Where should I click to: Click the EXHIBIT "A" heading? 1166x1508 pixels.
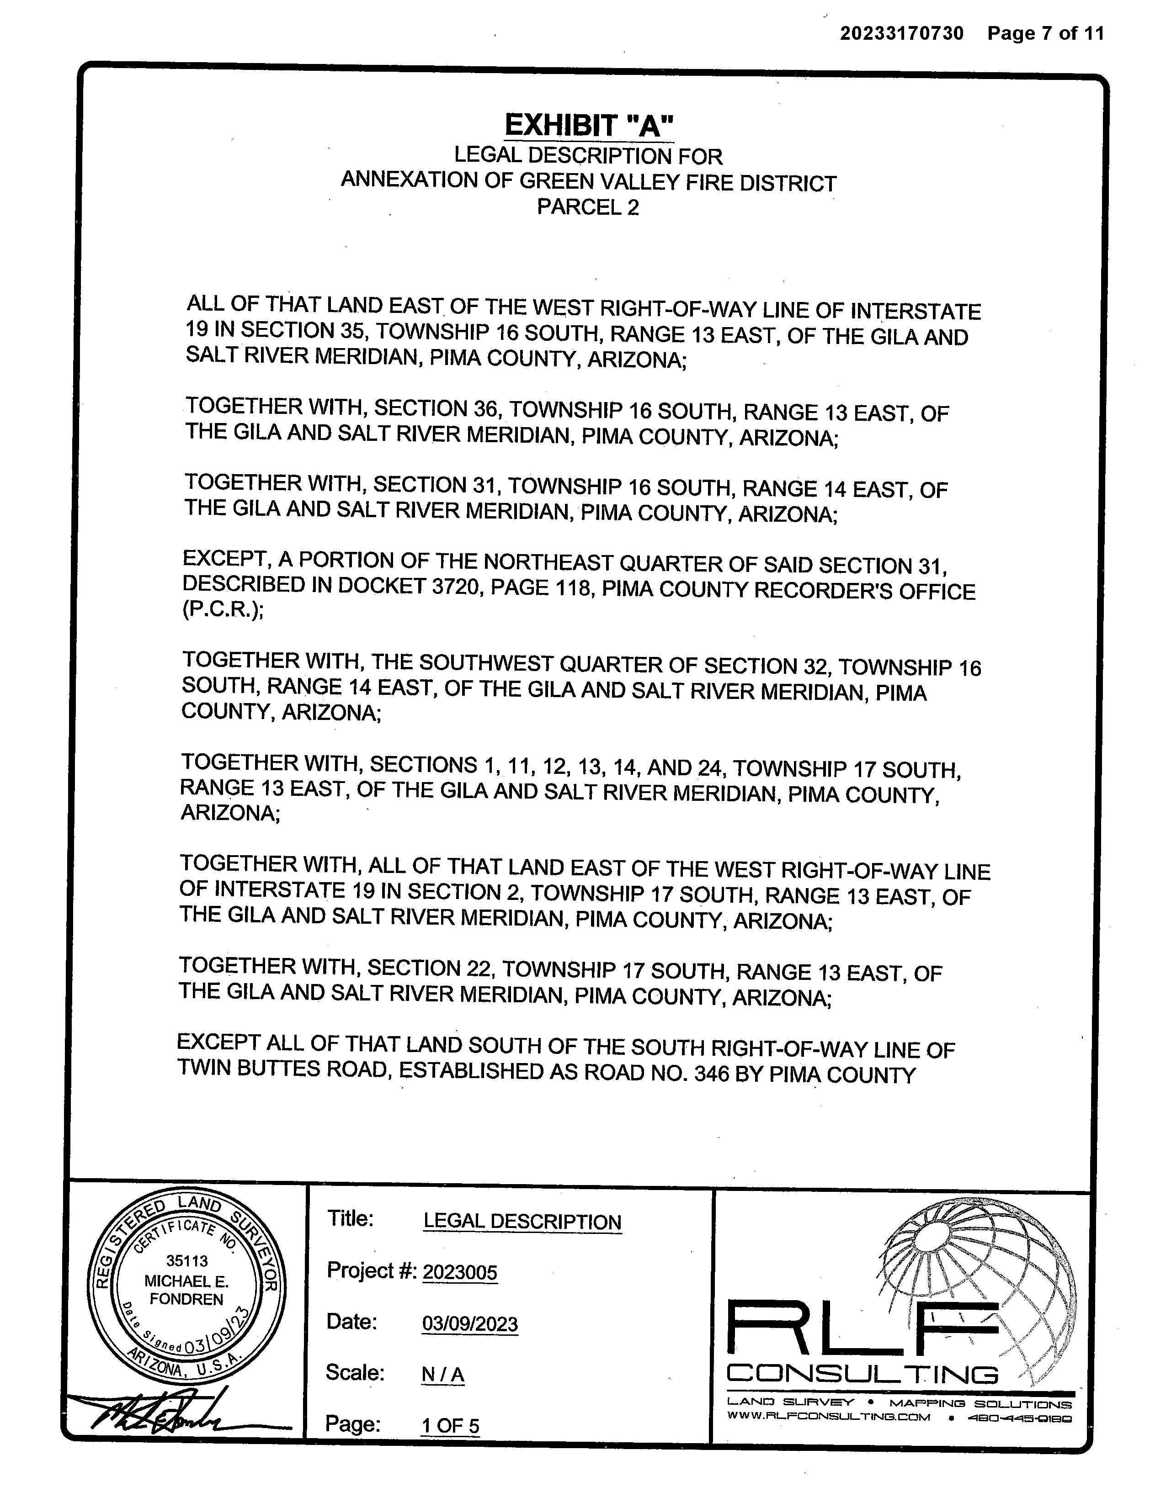tap(589, 126)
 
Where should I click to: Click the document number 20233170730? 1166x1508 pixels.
tap(901, 33)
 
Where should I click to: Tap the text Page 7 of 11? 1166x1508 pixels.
tap(1045, 33)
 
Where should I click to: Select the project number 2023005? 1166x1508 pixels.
tap(459, 1271)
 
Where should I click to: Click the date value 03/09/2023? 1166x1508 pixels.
tap(470, 1323)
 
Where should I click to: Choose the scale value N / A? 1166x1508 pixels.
tap(443, 1375)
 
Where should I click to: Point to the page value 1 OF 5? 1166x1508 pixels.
tap(450, 1426)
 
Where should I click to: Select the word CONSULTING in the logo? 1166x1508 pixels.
tap(863, 1374)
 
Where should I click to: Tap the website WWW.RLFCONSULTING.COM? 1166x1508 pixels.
tap(829, 1417)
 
